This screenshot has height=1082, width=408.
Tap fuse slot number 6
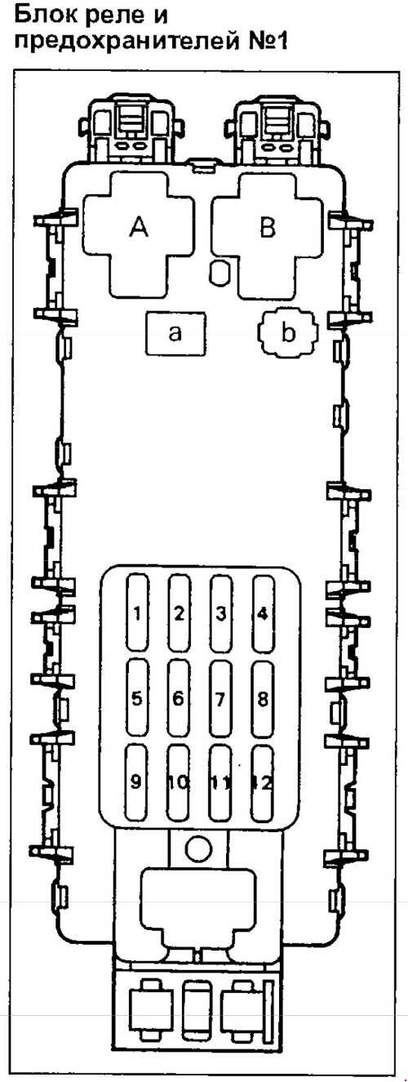(x=179, y=698)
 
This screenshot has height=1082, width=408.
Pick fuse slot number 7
(x=220, y=698)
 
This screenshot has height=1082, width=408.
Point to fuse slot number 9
(x=136, y=782)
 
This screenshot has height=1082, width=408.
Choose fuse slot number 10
(x=179, y=782)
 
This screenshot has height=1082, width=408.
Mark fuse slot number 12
(x=263, y=782)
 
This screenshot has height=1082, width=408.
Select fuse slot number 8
(x=263, y=698)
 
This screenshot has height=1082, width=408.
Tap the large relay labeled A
(x=139, y=227)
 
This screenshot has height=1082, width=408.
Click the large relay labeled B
(x=267, y=227)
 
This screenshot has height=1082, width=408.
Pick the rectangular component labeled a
(x=175, y=334)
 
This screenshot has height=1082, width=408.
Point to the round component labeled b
(x=288, y=333)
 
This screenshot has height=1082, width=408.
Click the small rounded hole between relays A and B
(x=220, y=274)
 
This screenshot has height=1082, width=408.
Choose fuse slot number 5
(x=137, y=698)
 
